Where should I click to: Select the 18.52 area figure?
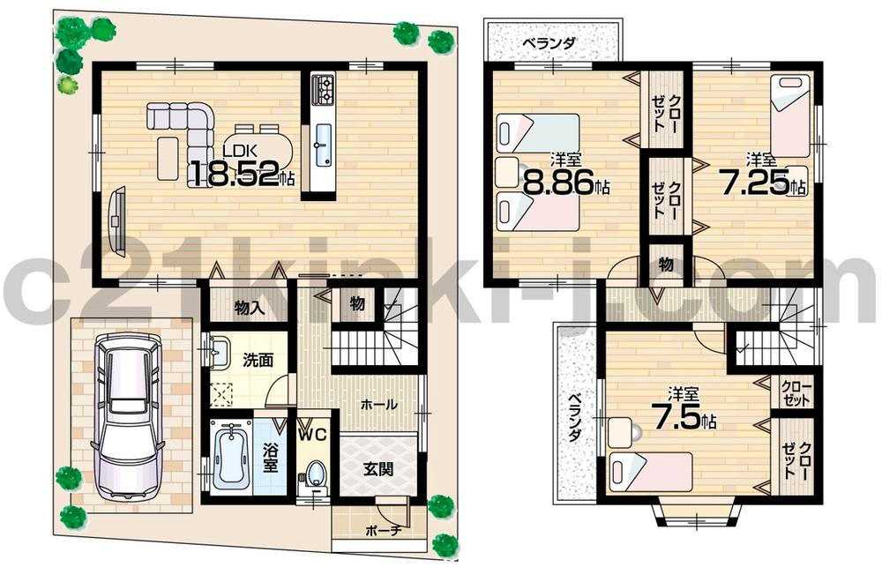[x=234, y=174]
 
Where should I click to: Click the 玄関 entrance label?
[x=378, y=467]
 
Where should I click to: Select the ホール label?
[x=377, y=403]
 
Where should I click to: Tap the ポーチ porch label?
[x=383, y=531]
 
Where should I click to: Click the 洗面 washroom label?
[x=258, y=360]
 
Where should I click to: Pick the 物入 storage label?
[x=249, y=308]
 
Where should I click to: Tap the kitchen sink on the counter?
[x=323, y=141]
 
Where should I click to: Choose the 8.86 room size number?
[x=559, y=187]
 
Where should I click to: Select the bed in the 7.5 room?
[x=650, y=471]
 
